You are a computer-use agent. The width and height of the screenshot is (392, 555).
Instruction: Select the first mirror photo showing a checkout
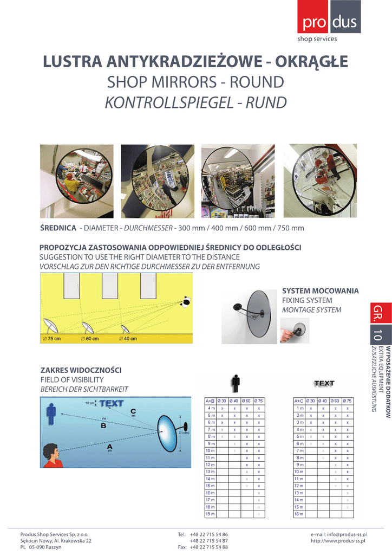pyautogui.click(x=77, y=181)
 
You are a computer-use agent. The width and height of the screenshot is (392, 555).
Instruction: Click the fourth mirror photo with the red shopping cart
pyautogui.click(x=320, y=180)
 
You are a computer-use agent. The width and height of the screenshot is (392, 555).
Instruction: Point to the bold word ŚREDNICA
pyautogui.click(x=58, y=228)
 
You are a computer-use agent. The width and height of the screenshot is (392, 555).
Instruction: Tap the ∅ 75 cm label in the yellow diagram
pyautogui.click(x=51, y=339)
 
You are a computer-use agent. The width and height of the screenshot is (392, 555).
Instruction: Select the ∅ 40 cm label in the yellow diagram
pyautogui.click(x=128, y=339)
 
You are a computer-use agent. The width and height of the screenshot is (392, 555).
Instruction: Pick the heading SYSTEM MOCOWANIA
pyautogui.click(x=321, y=291)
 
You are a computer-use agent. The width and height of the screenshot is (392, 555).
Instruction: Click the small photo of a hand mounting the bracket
pyautogui.click(x=295, y=331)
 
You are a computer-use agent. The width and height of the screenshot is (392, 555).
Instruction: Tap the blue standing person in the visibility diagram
pyautogui.click(x=51, y=415)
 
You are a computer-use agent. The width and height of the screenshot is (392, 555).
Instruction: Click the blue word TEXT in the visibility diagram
pyautogui.click(x=111, y=403)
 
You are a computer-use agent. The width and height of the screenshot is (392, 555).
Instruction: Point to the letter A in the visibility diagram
pyautogui.click(x=110, y=447)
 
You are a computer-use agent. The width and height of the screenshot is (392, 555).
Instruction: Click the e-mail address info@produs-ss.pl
pyautogui.click(x=339, y=534)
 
